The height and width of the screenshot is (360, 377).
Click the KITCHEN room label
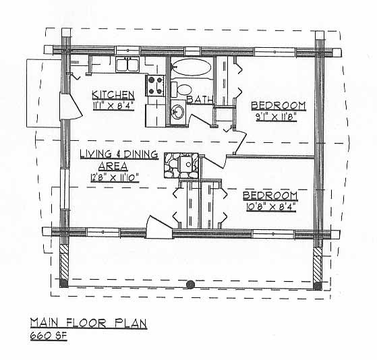pos(113,95)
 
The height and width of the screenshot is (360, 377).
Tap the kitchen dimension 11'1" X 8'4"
pos(113,106)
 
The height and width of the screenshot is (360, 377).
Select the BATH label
pos(200,100)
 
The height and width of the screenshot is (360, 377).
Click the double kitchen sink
pos(127,65)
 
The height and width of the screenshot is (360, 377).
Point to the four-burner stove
pos(155,86)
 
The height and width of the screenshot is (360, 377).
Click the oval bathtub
pos(192,67)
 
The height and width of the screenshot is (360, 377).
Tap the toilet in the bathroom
pos(181,89)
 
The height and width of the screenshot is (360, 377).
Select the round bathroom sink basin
pos(178,112)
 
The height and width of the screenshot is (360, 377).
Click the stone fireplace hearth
pos(181,165)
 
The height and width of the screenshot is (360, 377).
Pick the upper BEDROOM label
pos(279,106)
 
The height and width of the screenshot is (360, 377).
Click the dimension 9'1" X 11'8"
pos(276,117)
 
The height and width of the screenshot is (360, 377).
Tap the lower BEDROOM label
pos(270,196)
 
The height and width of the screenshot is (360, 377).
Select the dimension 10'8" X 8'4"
pos(271,207)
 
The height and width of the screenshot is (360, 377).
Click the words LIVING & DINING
pos(119,154)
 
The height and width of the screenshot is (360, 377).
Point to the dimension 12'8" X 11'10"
pos(115,178)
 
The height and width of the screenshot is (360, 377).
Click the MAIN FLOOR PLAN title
pos(88,323)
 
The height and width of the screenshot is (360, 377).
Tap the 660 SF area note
pos(49,336)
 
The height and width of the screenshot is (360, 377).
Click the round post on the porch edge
pos(190,284)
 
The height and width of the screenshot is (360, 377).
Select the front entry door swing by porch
pos(158,227)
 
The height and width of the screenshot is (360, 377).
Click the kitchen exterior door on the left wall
pos(71,106)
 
